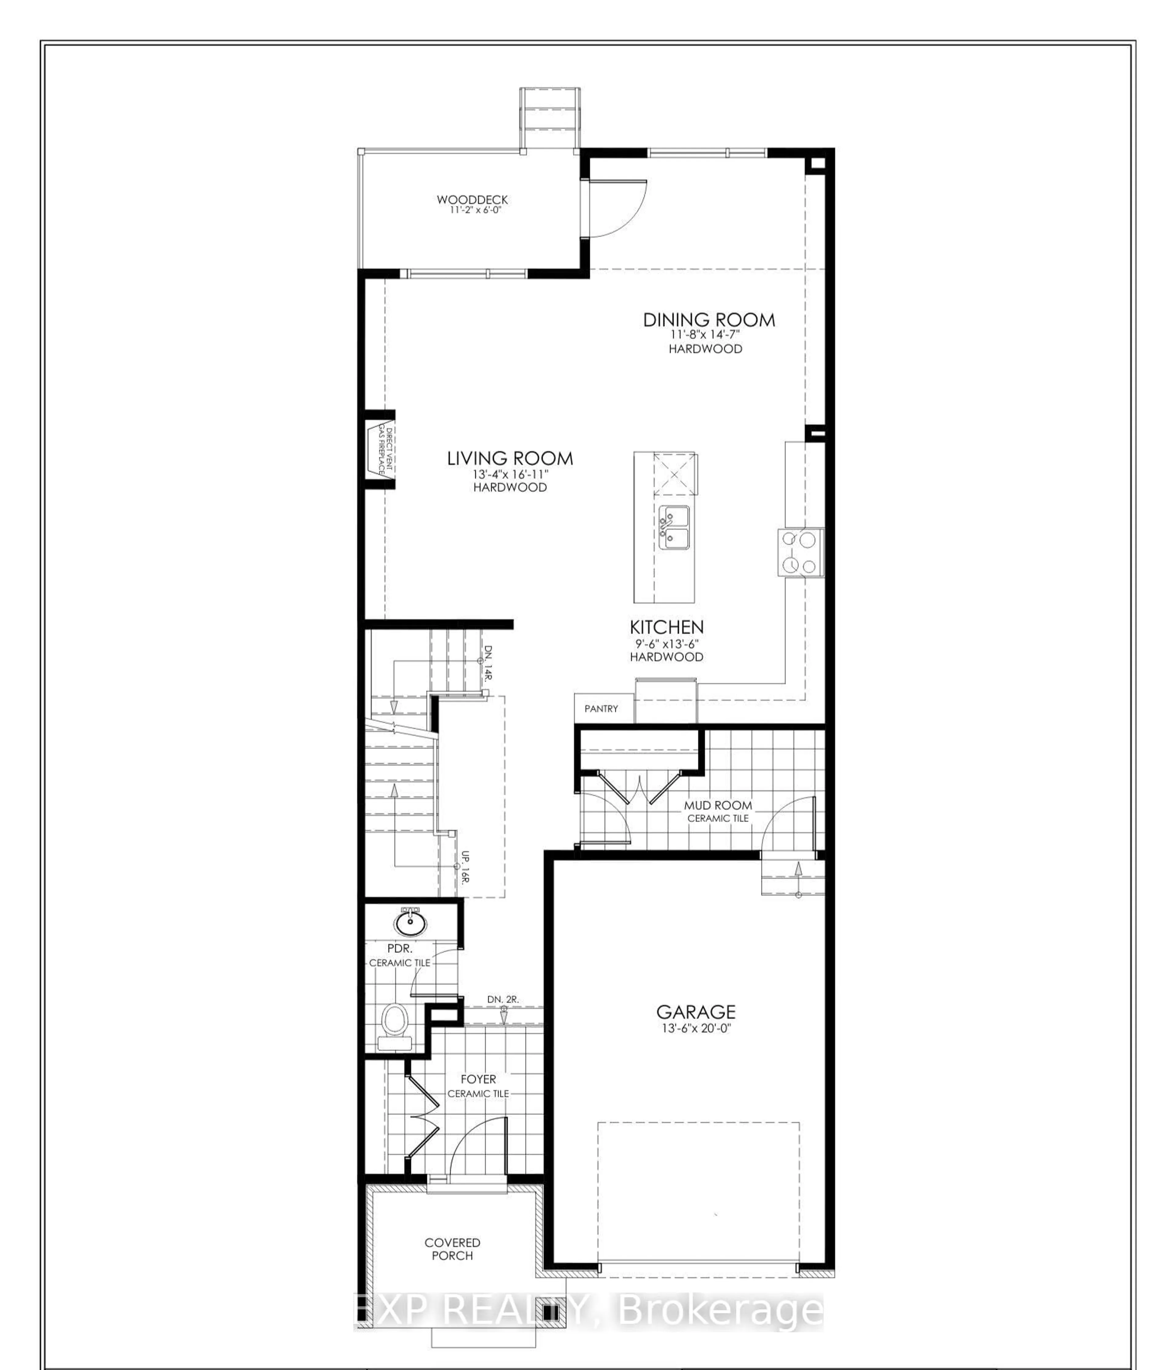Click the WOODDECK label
472,199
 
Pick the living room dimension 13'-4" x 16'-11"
510,475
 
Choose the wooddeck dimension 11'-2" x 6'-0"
472,210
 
